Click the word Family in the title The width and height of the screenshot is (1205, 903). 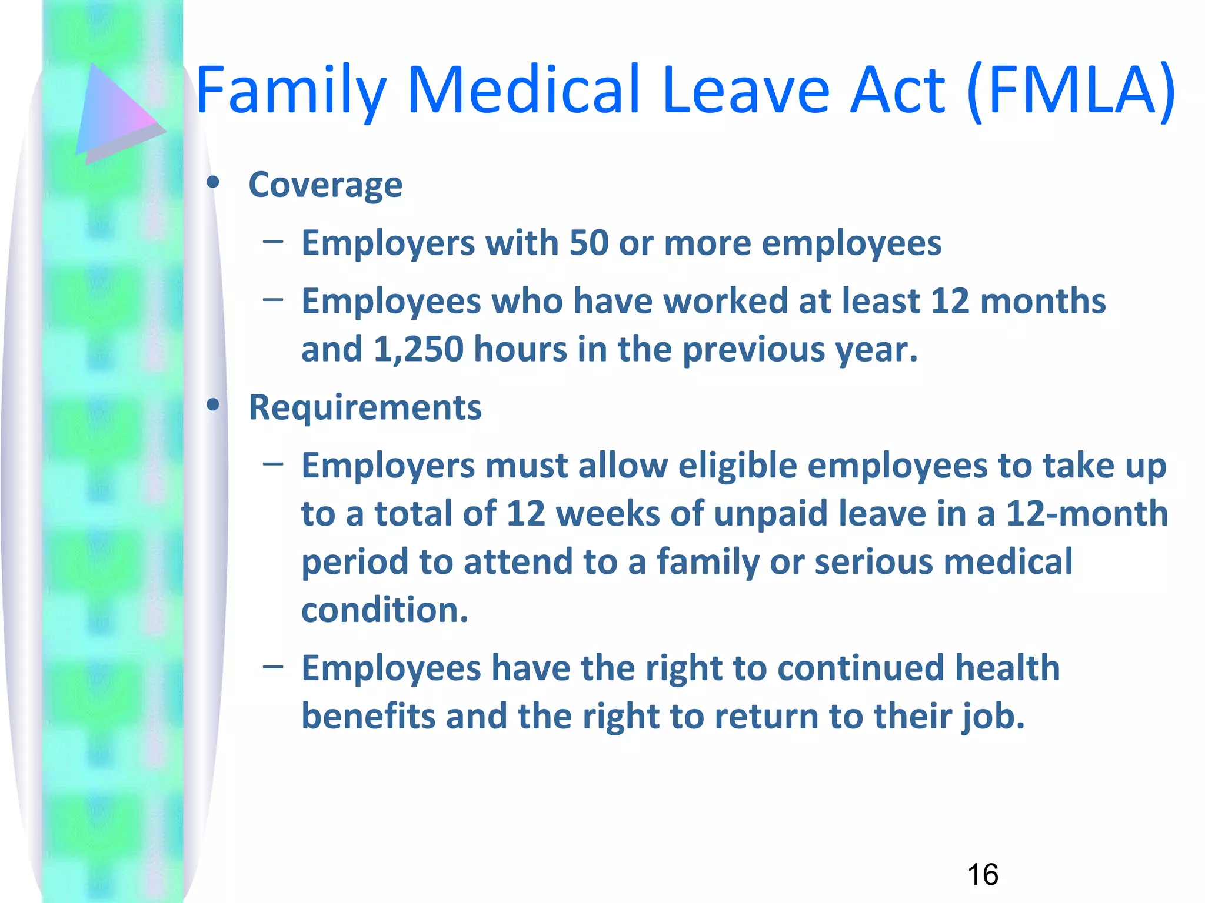291,91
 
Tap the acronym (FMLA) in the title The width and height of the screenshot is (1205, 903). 1071,91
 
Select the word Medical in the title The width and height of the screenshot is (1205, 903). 522,91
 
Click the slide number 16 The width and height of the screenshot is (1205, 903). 982,875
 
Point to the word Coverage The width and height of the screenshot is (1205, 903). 325,185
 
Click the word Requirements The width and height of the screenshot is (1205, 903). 365,407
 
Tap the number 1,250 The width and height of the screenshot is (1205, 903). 418,349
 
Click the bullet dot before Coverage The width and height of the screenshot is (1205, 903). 213,183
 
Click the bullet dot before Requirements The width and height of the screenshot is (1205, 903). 213,404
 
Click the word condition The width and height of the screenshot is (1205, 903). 384,610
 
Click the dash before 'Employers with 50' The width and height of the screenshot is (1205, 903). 273,240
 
